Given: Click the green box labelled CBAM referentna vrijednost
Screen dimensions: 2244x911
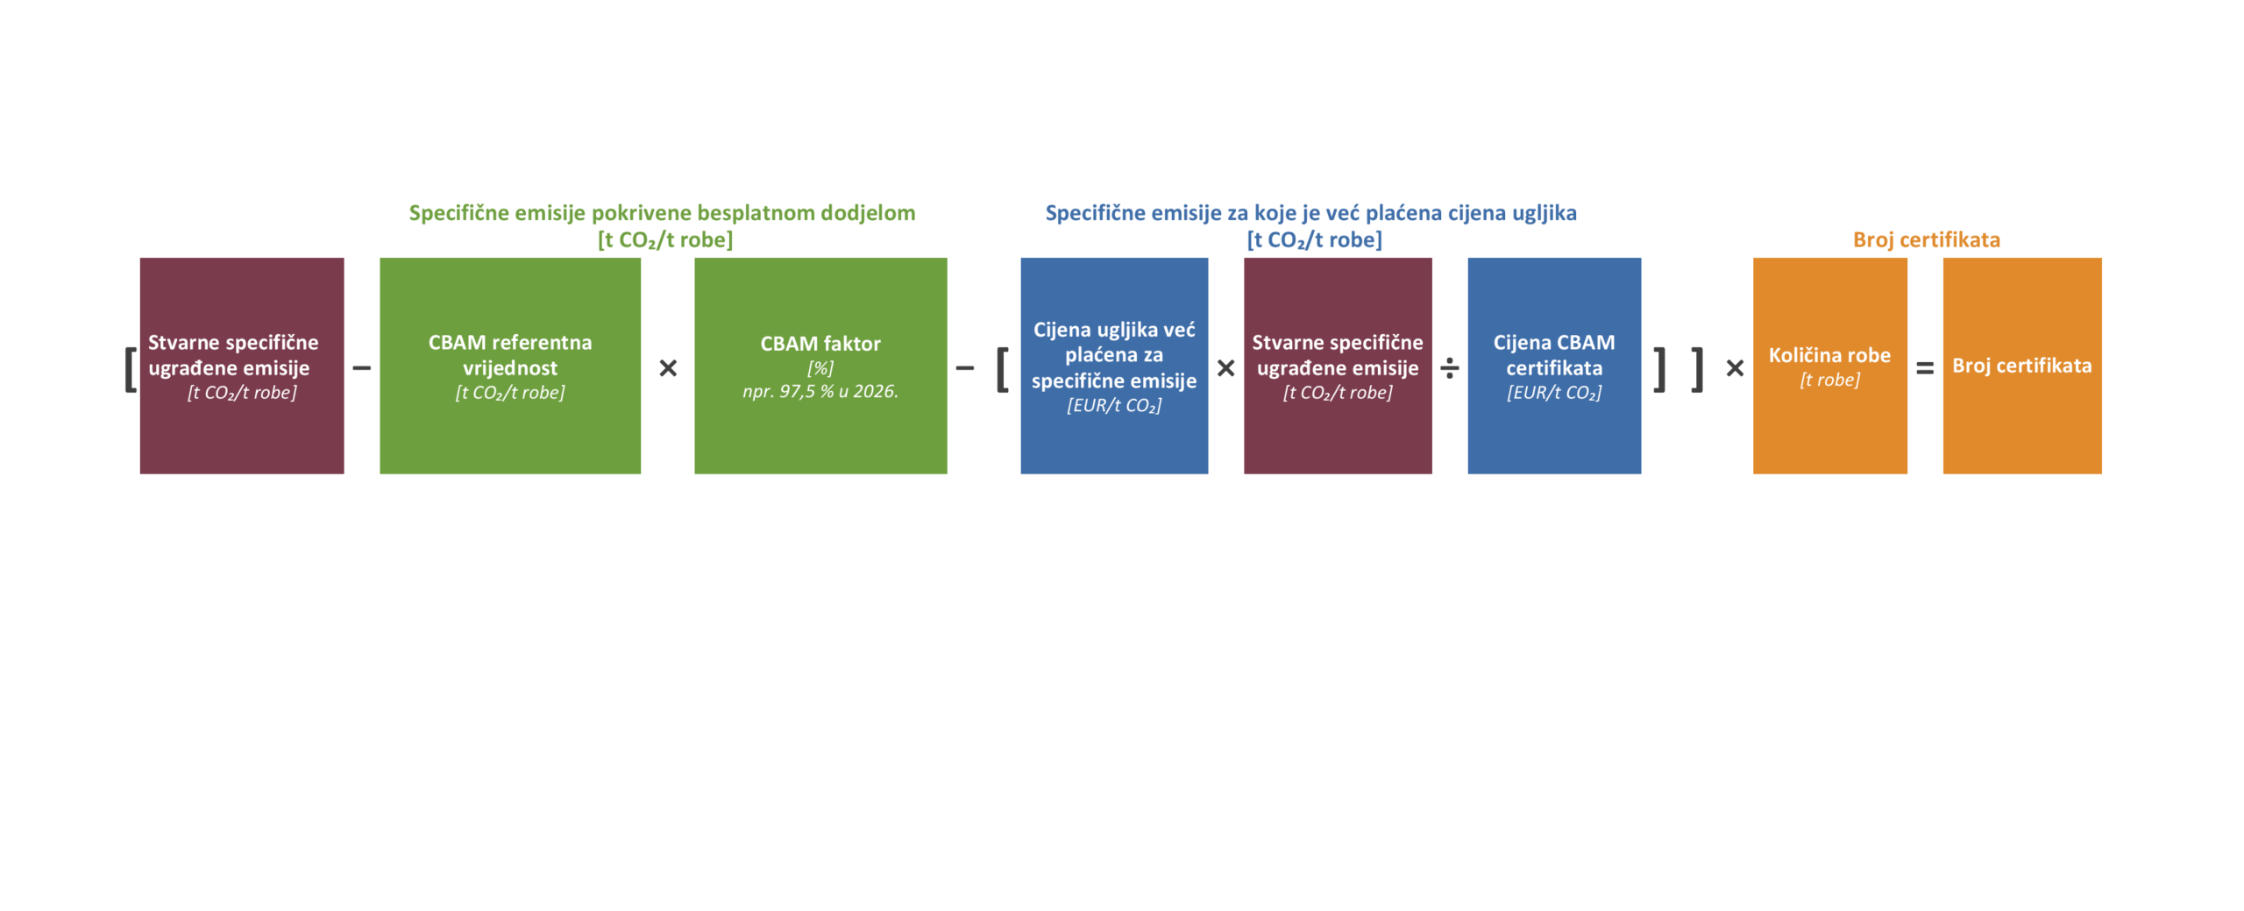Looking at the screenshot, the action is pos(509,366).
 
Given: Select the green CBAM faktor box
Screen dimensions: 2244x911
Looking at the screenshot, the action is pos(820,366).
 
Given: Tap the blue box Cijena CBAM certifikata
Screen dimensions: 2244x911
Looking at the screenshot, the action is pos(1554,366).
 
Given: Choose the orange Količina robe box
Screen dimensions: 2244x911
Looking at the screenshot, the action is pos(1830,366).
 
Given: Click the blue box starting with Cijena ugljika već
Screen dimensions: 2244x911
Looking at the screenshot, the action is pos(1114,366).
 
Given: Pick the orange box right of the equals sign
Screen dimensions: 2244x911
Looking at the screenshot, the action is pos(2022,366).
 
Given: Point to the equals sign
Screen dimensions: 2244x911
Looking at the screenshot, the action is pos(1925,368).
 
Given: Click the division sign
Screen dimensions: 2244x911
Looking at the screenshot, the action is pos(1450,368).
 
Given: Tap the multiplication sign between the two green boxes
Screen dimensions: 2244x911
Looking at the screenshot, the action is pos(668,368).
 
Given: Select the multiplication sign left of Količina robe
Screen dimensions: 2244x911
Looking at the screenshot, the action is pos(1735,368).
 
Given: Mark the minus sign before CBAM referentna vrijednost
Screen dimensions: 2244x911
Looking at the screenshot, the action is pos(361,368).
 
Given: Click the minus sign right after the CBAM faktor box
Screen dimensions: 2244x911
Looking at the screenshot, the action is pos(964,368).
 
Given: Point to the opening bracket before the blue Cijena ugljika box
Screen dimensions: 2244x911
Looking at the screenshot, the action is pos(1002,368).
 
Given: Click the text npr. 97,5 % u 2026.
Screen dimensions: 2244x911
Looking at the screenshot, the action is pos(820,391).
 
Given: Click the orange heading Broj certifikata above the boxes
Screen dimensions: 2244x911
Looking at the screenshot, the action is pos(1927,239).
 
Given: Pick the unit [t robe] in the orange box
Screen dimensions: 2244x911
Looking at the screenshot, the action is pos(1829,380).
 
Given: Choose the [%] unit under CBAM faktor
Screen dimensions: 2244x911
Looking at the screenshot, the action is pos(820,368).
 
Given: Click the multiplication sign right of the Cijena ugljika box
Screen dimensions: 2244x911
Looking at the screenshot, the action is pos(1225,368).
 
